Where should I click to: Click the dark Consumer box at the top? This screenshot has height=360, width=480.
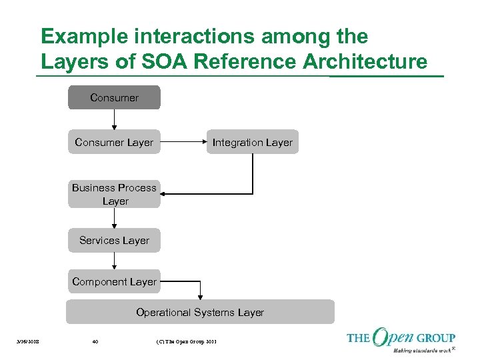(114, 97)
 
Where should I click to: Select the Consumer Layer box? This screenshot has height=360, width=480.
(114, 142)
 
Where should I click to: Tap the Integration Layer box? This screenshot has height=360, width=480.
(252, 142)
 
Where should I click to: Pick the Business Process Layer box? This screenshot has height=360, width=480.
(114, 194)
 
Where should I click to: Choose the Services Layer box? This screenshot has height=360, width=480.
(114, 240)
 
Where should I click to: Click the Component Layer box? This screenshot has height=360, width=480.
(114, 281)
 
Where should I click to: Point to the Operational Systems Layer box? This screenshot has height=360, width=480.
(200, 312)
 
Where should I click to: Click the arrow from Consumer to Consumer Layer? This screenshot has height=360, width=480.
(114, 119)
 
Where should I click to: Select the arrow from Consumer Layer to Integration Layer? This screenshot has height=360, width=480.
(183, 142)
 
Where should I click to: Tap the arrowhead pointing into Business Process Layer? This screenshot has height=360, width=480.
(165, 194)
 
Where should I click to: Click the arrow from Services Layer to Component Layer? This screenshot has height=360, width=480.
(114, 261)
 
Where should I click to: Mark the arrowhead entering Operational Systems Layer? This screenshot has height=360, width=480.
(200, 297)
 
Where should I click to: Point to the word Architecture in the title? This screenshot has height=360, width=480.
(365, 62)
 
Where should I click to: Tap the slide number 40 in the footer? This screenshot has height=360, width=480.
(95, 342)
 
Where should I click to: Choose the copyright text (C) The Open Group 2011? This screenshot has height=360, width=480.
(186, 342)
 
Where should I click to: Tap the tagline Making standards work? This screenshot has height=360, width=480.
(421, 350)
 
